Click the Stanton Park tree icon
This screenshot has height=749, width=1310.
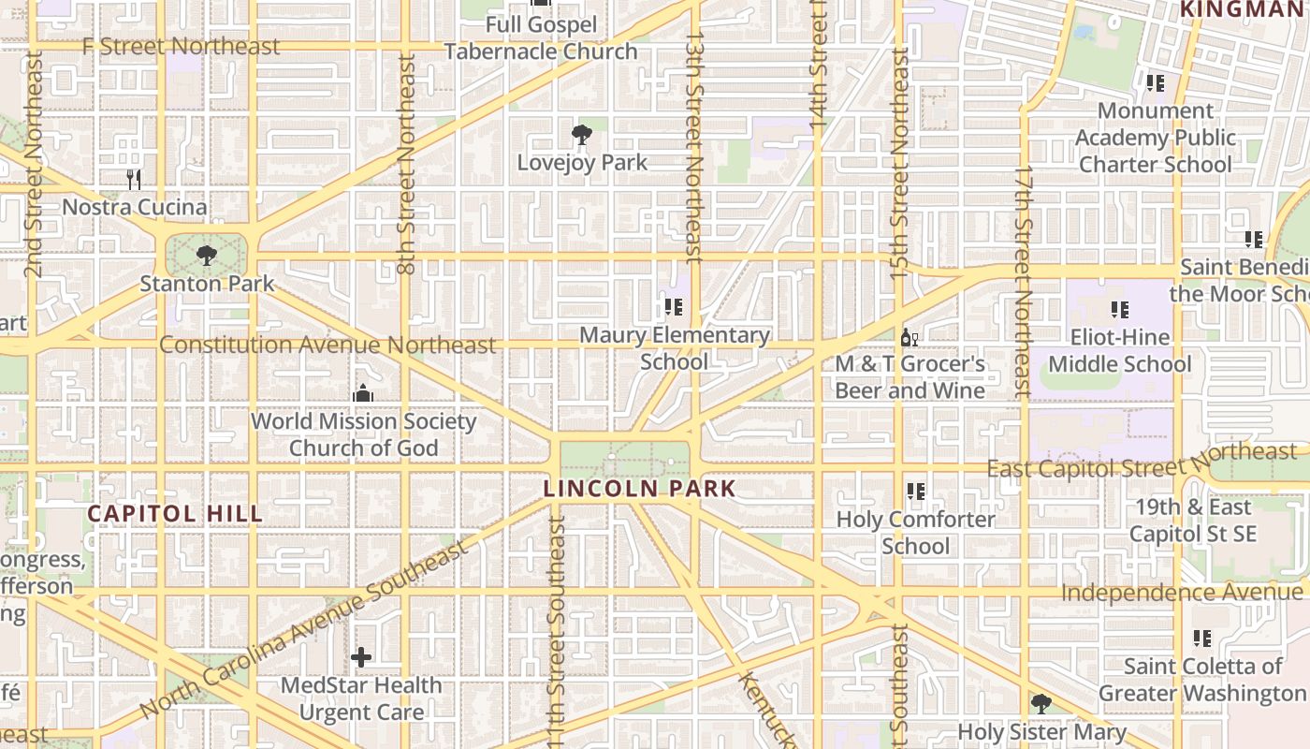(206, 255)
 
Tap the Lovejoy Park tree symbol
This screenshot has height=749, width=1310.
(581, 135)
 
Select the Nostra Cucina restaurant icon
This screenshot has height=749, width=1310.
(134, 179)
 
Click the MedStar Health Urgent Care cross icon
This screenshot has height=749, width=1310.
(361, 657)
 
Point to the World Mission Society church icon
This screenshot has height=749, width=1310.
(363, 393)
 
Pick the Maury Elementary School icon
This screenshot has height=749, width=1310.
(674, 306)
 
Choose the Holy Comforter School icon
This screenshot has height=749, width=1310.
(915, 491)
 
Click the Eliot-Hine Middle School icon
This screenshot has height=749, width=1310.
(1119, 309)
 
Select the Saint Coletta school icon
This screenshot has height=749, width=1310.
(1201, 639)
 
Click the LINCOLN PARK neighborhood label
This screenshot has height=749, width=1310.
(640, 489)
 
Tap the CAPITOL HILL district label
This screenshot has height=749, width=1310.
(175, 513)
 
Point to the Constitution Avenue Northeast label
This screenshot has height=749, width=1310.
(327, 345)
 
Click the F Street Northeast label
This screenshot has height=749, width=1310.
(181, 46)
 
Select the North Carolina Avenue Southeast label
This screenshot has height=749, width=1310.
(304, 630)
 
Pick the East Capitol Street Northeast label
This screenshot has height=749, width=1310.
(1142, 460)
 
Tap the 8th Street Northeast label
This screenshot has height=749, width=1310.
(406, 164)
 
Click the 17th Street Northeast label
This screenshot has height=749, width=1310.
(1024, 281)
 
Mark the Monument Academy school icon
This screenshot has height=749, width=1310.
(1155, 82)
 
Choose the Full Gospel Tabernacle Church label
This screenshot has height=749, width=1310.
(541, 37)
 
